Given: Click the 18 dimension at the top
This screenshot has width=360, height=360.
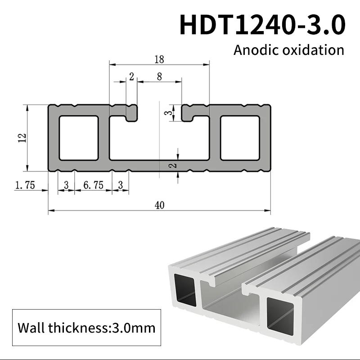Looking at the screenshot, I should (159, 59).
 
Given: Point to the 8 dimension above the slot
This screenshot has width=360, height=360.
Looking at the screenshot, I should (159, 76).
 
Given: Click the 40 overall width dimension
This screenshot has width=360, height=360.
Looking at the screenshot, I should (159, 205).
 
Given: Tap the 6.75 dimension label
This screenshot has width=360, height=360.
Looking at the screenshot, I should (93, 185).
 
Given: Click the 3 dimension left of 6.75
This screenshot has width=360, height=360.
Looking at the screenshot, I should (66, 185).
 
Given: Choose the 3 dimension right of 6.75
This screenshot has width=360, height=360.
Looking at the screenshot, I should (120, 185).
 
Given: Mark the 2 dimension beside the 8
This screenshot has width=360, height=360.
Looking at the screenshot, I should (131, 76).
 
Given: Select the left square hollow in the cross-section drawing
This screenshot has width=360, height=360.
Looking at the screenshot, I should (78, 138).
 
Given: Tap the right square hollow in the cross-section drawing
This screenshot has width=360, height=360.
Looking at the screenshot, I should (239, 138).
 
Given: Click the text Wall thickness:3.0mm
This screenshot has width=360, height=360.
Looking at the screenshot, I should (85, 327).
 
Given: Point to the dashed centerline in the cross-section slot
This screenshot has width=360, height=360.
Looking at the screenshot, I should (160, 135).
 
